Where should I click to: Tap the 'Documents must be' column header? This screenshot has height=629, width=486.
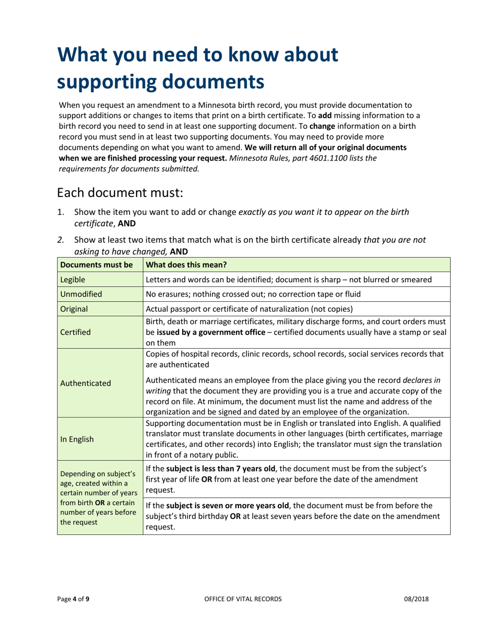90,264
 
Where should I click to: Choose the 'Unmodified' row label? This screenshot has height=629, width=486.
81,295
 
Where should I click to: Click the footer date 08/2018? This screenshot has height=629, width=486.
415,599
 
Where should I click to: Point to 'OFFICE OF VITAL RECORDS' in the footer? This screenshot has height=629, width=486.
242,599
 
